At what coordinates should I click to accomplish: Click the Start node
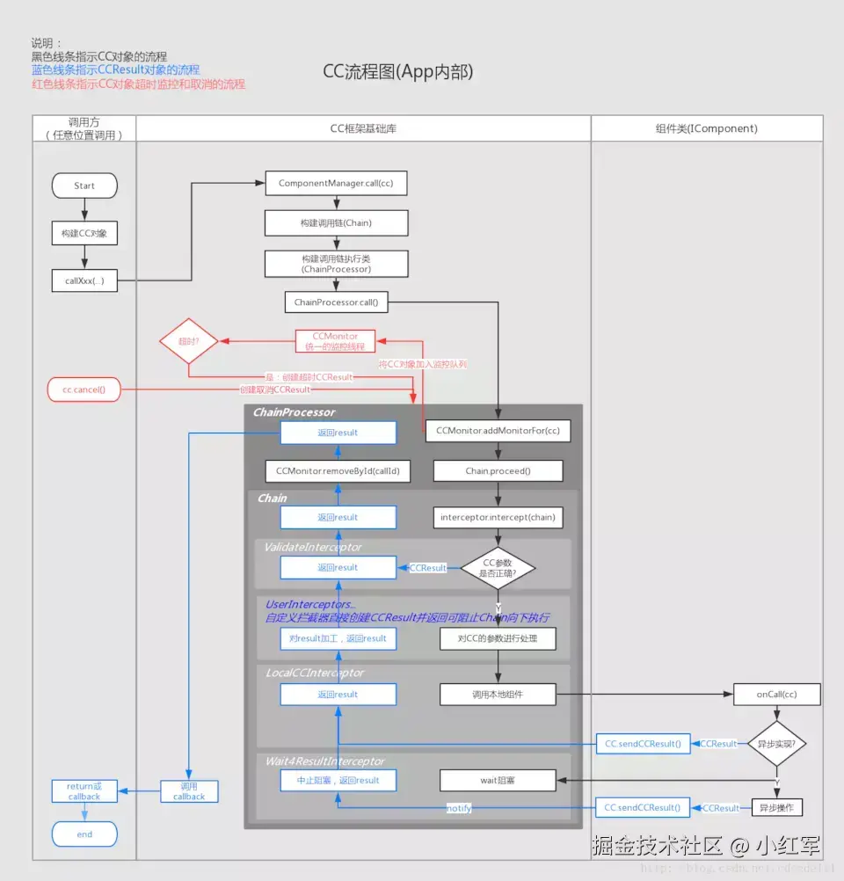click(84, 186)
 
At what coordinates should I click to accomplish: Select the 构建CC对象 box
click(84, 234)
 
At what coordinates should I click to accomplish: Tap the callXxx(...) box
click(84, 281)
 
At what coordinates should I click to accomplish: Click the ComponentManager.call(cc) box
click(336, 183)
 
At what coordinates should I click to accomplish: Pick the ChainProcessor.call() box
click(336, 302)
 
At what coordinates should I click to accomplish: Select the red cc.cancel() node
click(84, 389)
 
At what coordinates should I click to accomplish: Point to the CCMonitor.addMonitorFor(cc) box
click(498, 431)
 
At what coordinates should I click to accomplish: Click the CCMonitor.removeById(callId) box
click(338, 470)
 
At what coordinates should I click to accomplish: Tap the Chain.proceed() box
click(498, 470)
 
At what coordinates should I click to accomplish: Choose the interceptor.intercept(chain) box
click(498, 517)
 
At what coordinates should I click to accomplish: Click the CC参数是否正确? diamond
click(498, 567)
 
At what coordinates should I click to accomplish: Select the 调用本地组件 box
click(498, 694)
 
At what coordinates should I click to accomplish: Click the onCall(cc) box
click(776, 694)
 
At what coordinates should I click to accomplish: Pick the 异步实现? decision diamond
click(776, 743)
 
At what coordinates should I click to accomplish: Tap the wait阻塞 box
click(498, 779)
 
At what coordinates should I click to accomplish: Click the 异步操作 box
click(776, 807)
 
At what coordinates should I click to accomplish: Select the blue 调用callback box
click(189, 791)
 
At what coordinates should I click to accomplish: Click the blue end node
click(84, 834)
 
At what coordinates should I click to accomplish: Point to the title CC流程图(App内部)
click(398, 72)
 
